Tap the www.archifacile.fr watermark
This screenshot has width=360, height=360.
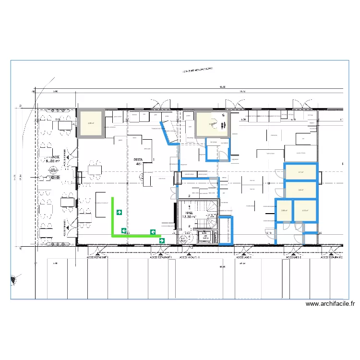(x=330, y=304)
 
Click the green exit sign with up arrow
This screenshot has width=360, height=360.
(x=119, y=212)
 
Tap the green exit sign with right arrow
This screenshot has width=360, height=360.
(x=162, y=240)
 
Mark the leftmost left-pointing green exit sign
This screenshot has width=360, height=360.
(x=124, y=231)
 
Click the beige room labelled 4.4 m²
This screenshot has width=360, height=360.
(x=301, y=190)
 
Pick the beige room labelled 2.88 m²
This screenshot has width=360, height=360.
(x=284, y=210)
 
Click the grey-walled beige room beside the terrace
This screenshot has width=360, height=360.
(x=91, y=123)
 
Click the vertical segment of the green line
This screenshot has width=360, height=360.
(x=113, y=216)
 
